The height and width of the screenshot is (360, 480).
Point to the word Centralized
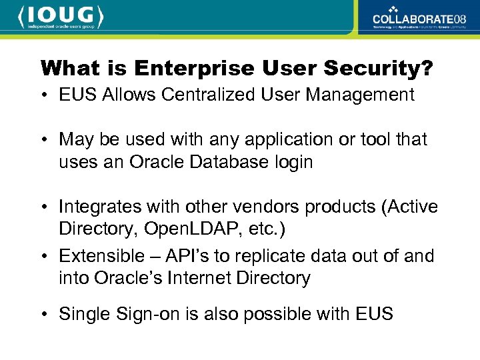pyautogui.click(x=202, y=95)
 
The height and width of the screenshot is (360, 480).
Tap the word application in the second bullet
pyautogui.click(x=272, y=139)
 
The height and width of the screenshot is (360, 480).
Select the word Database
pyautogui.click(x=223, y=162)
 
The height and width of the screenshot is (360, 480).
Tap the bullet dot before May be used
pyautogui.click(x=45, y=140)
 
